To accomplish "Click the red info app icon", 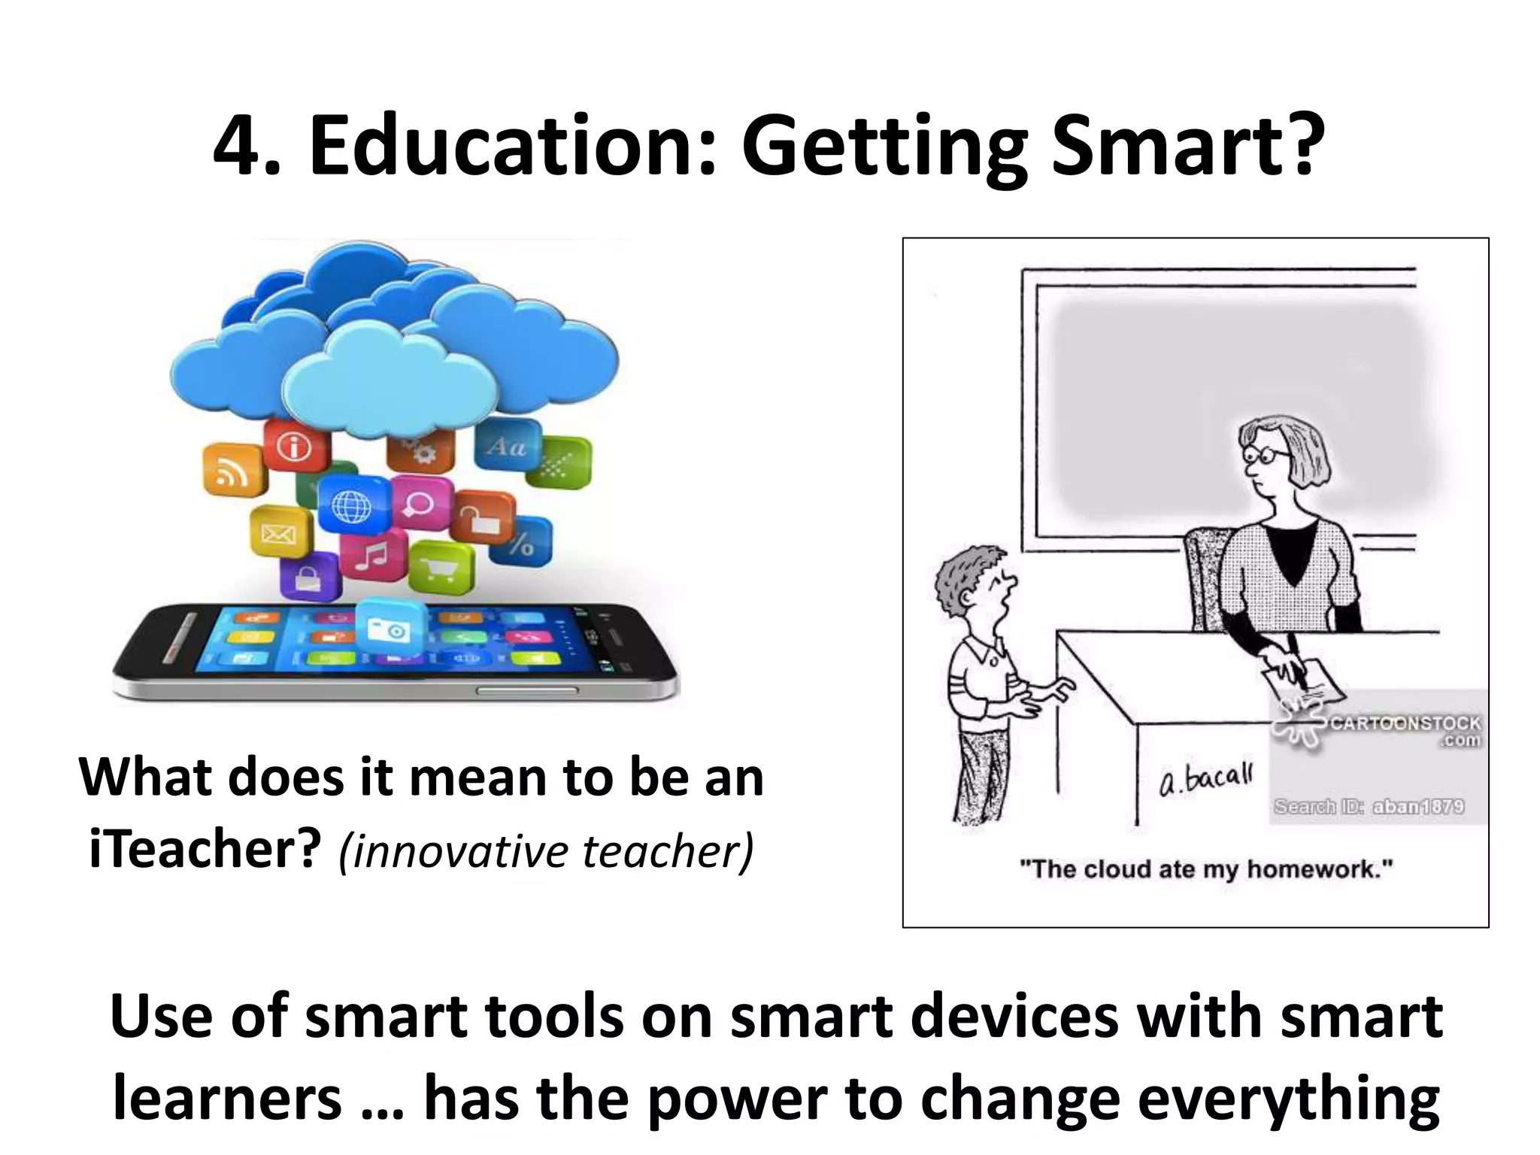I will (296, 447).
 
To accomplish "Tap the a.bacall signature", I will (1205, 779).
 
